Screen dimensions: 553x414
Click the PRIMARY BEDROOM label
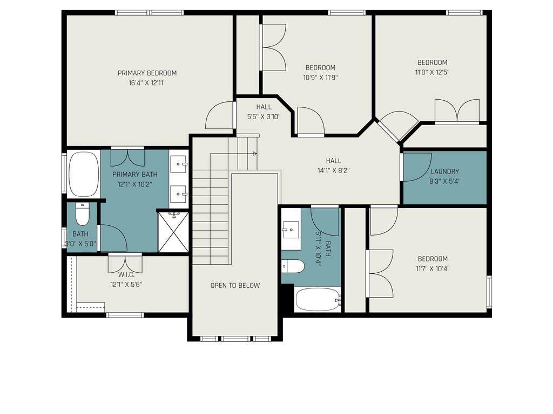(147, 73)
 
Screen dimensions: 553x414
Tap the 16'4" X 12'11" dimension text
(147, 83)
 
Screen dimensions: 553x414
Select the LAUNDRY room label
(445, 171)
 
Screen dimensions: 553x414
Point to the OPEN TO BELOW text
(235, 285)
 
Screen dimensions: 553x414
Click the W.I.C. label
(126, 274)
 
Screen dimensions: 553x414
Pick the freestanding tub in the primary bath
(84, 174)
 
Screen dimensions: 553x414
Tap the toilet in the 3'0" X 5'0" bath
(83, 215)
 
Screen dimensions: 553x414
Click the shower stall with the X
(173, 232)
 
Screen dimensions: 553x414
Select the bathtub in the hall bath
(318, 300)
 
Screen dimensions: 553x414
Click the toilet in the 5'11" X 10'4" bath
(293, 266)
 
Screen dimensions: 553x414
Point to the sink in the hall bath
(291, 230)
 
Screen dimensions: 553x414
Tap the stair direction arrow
(255, 154)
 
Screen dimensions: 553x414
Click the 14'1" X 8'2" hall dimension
(333, 171)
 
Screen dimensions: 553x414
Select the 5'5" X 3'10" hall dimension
(264, 116)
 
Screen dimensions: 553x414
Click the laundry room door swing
(417, 167)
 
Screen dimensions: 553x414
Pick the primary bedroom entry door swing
(219, 115)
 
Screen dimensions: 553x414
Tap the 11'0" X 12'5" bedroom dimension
(432, 72)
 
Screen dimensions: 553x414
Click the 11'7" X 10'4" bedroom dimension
(433, 268)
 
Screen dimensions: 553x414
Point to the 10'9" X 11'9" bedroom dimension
(321, 78)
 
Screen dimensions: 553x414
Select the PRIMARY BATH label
(134, 174)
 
